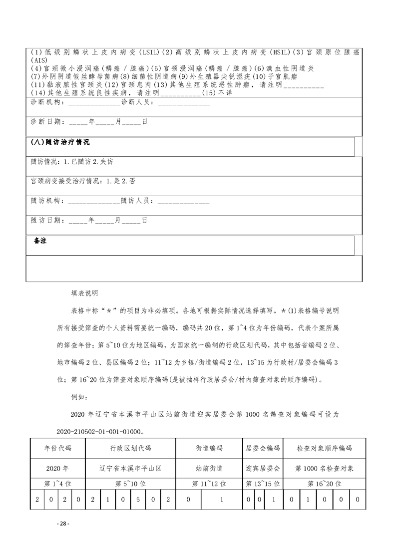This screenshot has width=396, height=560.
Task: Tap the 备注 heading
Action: (40, 241)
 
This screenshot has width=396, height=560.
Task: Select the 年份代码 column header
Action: (58, 448)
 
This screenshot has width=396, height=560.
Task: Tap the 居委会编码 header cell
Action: (263, 448)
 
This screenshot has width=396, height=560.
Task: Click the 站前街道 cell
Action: (209, 469)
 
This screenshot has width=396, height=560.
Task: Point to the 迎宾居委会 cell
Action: (263, 469)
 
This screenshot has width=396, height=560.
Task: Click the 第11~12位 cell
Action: (209, 484)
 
